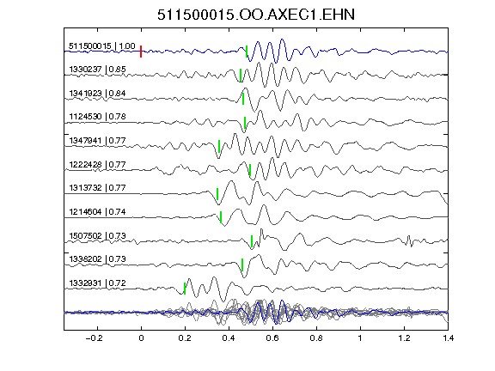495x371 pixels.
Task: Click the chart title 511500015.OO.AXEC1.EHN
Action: pos(256,15)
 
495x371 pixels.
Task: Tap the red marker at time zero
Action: pos(141,52)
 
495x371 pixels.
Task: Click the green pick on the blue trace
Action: pos(247,52)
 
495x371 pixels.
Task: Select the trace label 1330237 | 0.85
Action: pos(98,69)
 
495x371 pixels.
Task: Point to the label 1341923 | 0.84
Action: pos(98,93)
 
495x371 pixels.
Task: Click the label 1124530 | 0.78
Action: pos(98,117)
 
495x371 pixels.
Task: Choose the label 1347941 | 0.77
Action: pos(98,140)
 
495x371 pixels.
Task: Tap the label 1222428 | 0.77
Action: pos(98,164)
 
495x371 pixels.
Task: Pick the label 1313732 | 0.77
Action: pos(98,188)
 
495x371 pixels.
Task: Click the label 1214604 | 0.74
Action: pos(98,211)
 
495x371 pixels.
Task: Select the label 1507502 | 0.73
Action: pos(98,235)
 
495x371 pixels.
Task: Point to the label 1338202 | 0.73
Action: pos(98,259)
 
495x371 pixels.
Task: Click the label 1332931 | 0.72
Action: pos(98,283)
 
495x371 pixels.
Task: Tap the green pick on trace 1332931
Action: pos(185,289)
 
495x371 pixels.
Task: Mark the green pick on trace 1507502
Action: pos(252,241)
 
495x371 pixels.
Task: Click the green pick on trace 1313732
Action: pos(217,194)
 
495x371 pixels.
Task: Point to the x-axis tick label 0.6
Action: pos(272,338)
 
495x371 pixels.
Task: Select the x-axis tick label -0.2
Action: pos(95,338)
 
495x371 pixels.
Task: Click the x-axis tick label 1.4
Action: pos(449,338)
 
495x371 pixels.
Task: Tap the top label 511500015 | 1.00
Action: pos(102,46)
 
